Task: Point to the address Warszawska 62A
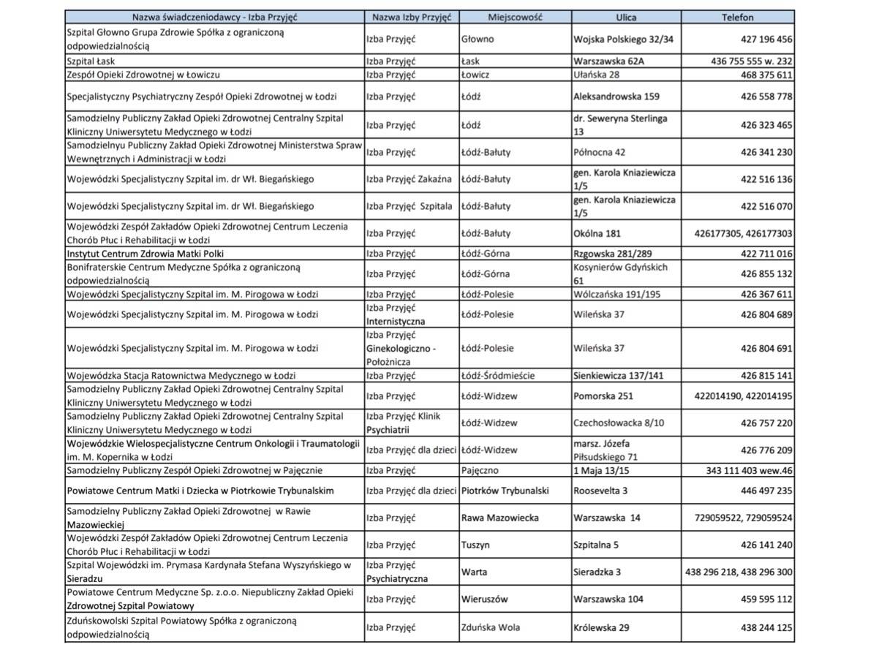tap(609, 61)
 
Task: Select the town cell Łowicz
tap(475, 75)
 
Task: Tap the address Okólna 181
tap(597, 233)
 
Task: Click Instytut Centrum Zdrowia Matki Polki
tap(145, 254)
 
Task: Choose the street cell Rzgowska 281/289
tap(611, 254)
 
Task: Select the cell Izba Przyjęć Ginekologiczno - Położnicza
tap(401, 348)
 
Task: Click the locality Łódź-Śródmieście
tap(498, 376)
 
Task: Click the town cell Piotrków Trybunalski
tap(505, 491)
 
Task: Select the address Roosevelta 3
tap(600, 491)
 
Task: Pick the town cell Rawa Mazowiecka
tap(499, 518)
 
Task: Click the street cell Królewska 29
tap(602, 627)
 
